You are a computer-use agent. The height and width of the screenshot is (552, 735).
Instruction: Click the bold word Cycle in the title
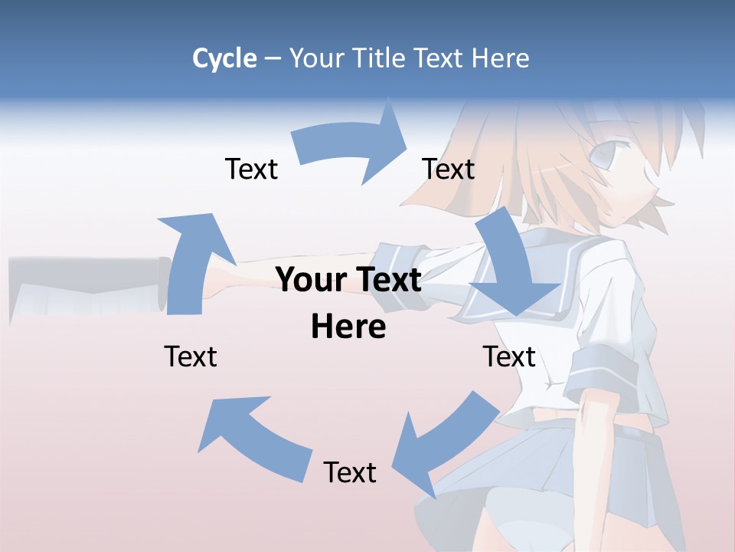point(224,59)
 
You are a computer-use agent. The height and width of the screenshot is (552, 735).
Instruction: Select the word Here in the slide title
point(500,58)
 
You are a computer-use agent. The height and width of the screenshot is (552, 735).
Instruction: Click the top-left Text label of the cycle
point(251,169)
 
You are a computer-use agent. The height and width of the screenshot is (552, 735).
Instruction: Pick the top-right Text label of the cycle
point(448,169)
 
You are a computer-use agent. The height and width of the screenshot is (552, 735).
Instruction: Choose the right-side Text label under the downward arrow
point(508,356)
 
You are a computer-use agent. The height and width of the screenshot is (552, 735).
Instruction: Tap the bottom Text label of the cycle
point(350,472)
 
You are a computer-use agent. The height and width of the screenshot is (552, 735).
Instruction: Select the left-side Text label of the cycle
point(191,356)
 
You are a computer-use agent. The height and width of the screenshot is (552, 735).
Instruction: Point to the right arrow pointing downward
point(511,268)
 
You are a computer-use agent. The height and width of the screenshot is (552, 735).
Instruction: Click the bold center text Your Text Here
point(348,303)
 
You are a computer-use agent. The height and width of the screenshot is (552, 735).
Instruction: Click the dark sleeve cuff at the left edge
point(162,284)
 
